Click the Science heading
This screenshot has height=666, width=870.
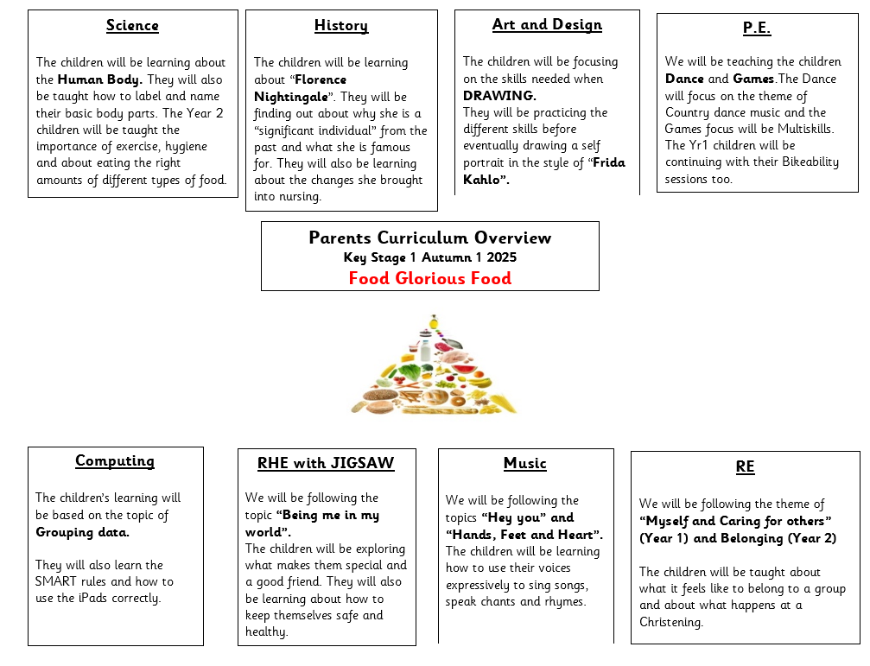tap(132, 26)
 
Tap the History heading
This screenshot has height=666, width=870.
tap(341, 26)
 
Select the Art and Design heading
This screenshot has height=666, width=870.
tap(547, 25)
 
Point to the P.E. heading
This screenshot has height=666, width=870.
tap(757, 28)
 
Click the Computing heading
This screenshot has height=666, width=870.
tap(115, 461)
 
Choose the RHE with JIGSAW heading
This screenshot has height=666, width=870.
tap(326, 463)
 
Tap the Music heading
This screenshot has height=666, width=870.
tap(525, 464)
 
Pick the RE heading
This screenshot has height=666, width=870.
tap(746, 467)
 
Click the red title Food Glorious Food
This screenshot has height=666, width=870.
tap(430, 278)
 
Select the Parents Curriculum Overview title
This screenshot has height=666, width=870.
tap(430, 238)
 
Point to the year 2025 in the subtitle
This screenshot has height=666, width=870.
tap(502, 257)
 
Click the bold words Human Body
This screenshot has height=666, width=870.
tap(100, 79)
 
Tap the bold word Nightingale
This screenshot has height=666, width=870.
tap(291, 97)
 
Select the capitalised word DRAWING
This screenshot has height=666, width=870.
tap(499, 96)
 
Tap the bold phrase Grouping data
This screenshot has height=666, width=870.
tap(82, 533)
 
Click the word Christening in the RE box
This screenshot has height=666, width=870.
tap(671, 622)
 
